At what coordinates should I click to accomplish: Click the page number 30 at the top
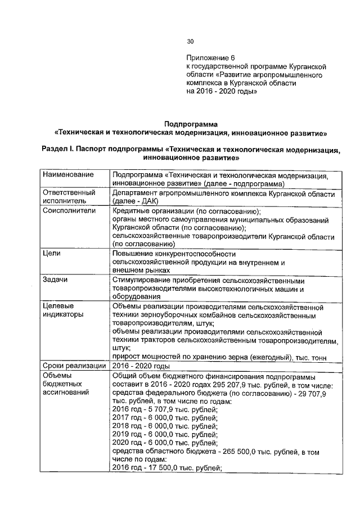pos(190,41)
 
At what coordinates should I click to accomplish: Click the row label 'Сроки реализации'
pos(74,365)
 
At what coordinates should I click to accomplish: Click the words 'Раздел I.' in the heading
pos(58,150)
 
